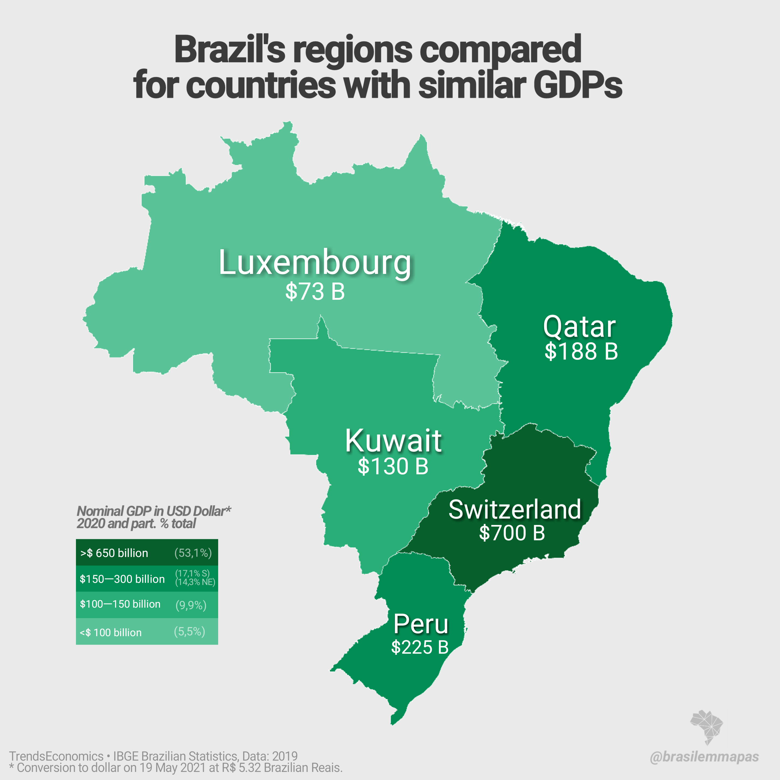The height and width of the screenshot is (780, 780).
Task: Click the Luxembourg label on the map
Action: (315, 263)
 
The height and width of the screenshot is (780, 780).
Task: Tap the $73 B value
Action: (315, 291)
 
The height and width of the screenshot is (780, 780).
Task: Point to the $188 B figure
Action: (581, 351)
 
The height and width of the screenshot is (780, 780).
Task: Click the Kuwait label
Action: (393, 441)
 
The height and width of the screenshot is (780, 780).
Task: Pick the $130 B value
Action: (393, 466)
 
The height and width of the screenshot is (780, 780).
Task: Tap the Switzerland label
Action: (515, 510)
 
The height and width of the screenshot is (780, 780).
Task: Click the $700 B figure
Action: (512, 533)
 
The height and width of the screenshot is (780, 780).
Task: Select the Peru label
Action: (421, 624)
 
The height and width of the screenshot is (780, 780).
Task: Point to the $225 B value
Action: (420, 647)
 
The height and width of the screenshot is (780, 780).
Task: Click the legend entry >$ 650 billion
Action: (114, 553)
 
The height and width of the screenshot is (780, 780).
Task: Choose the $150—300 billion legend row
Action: (122, 579)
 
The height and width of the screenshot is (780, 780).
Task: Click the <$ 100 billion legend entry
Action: (111, 632)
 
